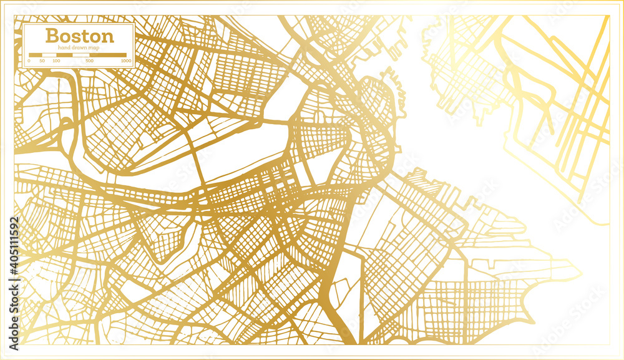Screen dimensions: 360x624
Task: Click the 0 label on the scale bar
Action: (29, 61)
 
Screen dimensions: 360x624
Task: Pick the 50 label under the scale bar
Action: (42, 61)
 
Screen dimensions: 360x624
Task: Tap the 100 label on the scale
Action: (56, 61)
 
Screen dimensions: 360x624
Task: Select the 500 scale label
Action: (90, 61)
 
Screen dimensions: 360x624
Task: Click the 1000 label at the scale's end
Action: (125, 61)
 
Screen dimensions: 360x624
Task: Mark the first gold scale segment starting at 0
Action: (35, 55)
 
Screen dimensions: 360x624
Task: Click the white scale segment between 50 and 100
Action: (49, 55)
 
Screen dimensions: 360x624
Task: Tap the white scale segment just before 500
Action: (80, 55)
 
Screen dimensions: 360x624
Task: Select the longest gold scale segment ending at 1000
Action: (108, 55)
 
